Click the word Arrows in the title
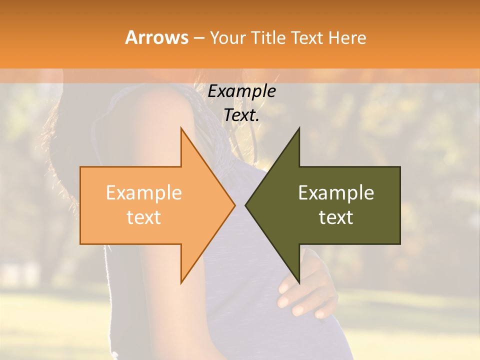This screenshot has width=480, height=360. coord(157,37)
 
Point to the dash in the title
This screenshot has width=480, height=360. coord(198,38)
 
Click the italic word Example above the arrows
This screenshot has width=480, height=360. coord(241,91)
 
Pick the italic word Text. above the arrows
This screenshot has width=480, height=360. coord(241,115)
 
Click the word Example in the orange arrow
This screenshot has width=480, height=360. coord(143,193)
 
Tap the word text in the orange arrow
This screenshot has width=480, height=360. coord(143,217)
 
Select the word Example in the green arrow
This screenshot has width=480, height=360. coord(336,193)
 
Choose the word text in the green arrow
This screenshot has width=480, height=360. coord(336,217)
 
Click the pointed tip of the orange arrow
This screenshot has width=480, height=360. coord(235,205)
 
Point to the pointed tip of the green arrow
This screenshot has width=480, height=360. coord(245,205)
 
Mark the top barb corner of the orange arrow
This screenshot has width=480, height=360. coord(181,128)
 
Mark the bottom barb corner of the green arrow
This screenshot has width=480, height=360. coord(299,282)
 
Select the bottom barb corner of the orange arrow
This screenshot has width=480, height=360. coord(181,282)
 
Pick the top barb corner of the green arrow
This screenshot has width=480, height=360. coord(299,128)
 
